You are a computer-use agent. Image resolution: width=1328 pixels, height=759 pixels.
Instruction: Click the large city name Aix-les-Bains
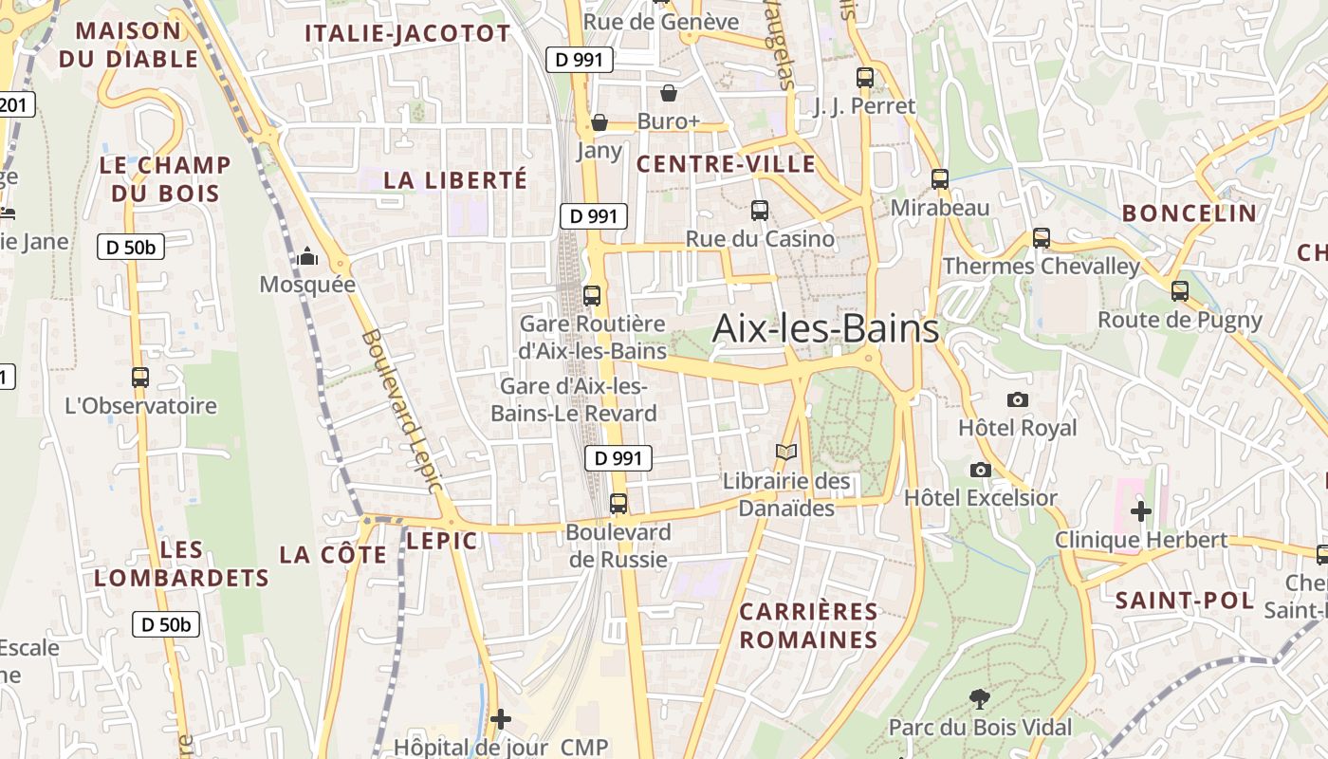click(825, 328)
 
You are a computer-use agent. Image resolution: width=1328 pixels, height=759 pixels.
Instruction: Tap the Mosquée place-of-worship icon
click(307, 256)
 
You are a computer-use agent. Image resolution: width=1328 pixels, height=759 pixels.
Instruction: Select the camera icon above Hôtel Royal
click(1018, 399)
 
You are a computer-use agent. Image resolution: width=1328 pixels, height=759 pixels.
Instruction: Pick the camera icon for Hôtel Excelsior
click(981, 470)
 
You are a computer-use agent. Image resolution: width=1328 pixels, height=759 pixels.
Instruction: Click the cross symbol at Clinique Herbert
click(1141, 511)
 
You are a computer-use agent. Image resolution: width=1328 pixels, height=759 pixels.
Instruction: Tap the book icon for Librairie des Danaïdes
click(786, 453)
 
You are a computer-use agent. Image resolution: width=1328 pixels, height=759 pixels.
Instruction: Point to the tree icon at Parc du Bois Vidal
click(980, 700)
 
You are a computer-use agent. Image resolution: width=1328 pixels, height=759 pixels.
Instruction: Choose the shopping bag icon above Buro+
click(669, 93)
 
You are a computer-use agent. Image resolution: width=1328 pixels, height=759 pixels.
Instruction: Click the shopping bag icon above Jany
click(599, 122)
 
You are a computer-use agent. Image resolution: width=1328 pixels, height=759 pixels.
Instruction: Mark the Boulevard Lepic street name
click(402, 410)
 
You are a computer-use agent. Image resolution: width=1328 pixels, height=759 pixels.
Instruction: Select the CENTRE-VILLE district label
click(726, 164)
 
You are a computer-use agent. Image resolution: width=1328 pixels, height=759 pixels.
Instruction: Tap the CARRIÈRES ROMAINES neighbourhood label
click(809, 625)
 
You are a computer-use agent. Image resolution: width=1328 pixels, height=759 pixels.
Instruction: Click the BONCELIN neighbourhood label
click(1190, 213)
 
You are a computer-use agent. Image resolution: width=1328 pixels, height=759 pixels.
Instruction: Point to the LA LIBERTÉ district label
click(455, 179)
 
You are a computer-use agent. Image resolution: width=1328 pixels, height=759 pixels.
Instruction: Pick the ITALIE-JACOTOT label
click(408, 34)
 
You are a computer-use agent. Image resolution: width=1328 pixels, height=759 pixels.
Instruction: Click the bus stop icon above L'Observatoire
click(140, 377)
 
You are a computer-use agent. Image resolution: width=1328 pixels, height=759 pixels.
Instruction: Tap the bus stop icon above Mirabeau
click(940, 178)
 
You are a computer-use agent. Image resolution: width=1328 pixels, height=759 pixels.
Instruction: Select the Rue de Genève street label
click(661, 22)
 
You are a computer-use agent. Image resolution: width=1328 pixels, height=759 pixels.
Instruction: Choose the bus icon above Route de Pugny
click(1180, 291)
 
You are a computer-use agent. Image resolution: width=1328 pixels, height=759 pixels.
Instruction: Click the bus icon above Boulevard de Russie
click(618, 503)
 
